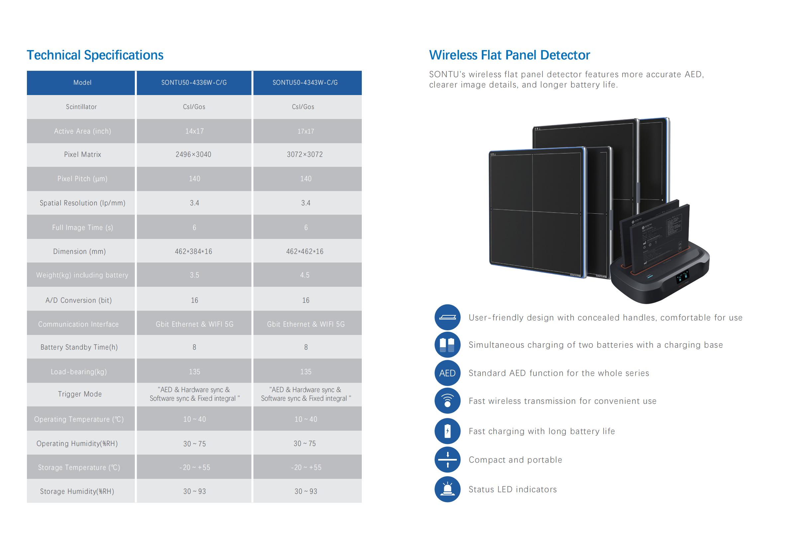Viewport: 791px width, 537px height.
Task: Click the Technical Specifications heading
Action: (95, 55)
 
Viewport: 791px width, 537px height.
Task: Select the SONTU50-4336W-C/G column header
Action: (194, 83)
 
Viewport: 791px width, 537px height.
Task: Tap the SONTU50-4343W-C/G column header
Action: (305, 83)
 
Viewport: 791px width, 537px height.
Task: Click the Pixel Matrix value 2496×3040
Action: (193, 155)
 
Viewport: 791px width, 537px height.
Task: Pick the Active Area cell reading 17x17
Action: (306, 132)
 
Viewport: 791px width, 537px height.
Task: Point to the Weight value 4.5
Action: (305, 275)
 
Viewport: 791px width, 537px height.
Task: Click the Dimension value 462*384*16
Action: (193, 252)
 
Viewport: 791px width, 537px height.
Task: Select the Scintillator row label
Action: (81, 107)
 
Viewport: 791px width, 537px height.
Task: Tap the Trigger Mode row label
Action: (80, 394)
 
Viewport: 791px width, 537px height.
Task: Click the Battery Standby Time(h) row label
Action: (79, 347)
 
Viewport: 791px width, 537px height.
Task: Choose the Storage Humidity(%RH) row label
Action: (77, 491)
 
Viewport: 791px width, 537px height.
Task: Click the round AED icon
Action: (447, 373)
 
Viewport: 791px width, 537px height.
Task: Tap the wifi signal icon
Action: (447, 401)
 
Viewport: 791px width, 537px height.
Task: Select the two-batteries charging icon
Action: (447, 345)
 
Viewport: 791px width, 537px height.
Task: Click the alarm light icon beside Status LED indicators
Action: (447, 489)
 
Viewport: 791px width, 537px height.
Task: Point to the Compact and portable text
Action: (515, 460)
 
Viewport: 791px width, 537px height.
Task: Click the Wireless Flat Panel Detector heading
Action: (509, 55)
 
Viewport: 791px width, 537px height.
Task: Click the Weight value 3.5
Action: (194, 275)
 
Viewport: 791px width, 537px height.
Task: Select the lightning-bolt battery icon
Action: (447, 431)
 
